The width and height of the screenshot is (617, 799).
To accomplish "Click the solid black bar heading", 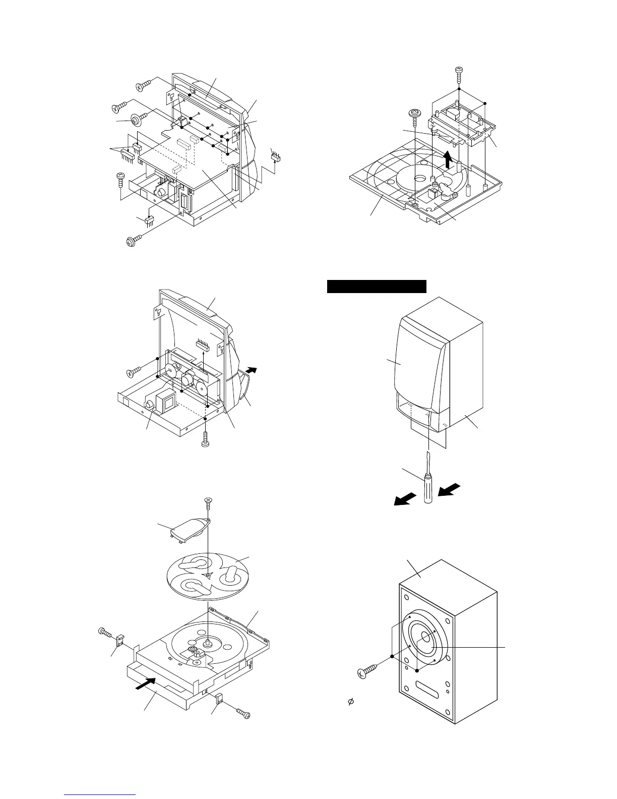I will pos(377,287).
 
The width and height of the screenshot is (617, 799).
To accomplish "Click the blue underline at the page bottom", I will pos(101,795).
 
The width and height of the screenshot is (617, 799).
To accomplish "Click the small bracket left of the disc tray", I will pos(121,640).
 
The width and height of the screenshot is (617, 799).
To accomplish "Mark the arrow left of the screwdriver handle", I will pos(406,499).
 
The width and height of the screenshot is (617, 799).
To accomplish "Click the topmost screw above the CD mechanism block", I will pos(459,73).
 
